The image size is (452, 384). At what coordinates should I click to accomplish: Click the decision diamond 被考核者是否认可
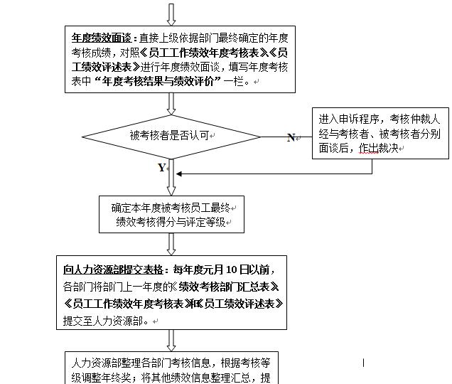pos(171,134)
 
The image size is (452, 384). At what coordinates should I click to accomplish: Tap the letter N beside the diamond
pos(291,137)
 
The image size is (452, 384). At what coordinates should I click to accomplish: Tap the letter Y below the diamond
pos(161,168)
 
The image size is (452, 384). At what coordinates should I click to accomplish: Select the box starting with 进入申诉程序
pos(380,133)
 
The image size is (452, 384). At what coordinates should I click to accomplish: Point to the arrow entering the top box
pos(171,14)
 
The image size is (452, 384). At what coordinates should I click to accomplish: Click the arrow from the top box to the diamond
pos(171,103)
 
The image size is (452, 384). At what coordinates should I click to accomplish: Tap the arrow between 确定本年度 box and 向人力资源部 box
pos(171,243)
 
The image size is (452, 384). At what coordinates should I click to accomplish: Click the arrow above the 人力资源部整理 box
pos(171,339)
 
